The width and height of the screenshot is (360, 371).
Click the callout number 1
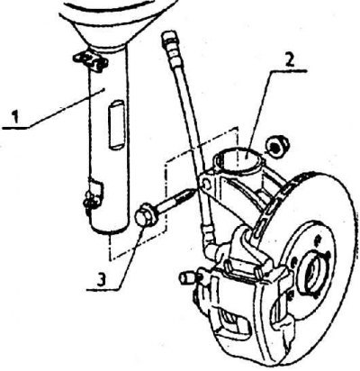coord(15,117)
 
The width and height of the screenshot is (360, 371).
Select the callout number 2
coord(289,61)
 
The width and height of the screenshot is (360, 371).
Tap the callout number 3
coord(102,279)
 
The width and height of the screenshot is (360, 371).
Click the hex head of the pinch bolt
coord(146,214)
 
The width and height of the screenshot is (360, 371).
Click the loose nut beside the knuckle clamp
coord(277,146)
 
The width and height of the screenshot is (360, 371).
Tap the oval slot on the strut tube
coord(115,124)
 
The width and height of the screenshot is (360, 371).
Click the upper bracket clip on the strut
coord(90,62)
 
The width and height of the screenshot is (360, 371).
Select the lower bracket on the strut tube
coord(94,195)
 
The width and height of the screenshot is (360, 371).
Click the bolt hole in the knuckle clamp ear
coord(205,184)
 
